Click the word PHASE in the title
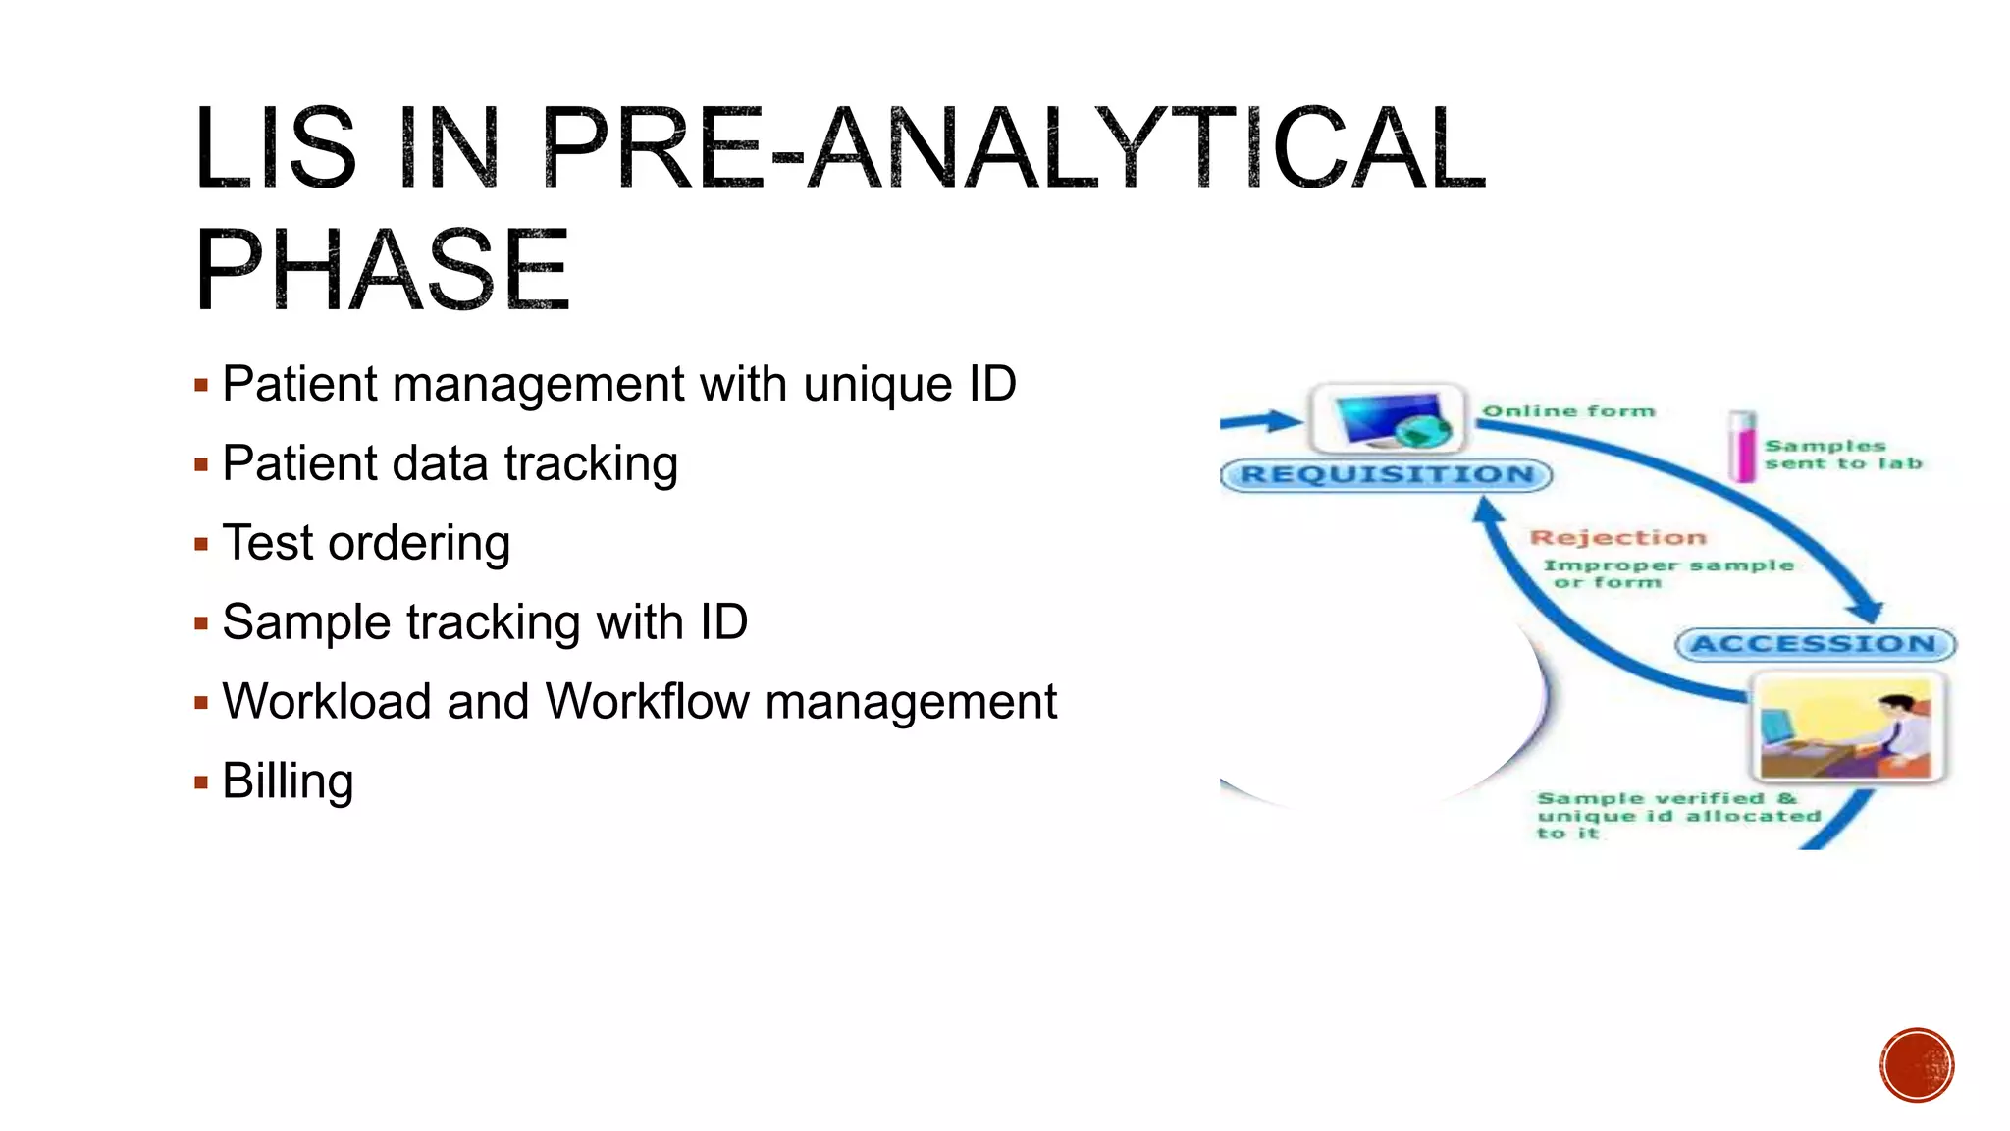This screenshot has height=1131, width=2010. pyautogui.click(x=383, y=269)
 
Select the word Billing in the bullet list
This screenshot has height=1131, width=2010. pyautogui.click(x=288, y=781)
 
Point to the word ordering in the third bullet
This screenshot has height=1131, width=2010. pyautogui.click(x=419, y=543)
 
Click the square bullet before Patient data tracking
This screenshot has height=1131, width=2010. pyautogui.click(x=201, y=464)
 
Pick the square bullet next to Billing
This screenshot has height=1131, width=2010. pyautogui.click(x=201, y=782)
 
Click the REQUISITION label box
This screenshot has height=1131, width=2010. pyautogui.click(x=1386, y=475)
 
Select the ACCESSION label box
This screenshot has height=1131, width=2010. pyautogui.click(x=1815, y=644)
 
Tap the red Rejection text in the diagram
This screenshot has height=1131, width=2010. pyautogui.click(x=1617, y=537)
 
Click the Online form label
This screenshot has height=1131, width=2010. pyautogui.click(x=1568, y=411)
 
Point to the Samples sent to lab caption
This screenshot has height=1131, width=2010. pyautogui.click(x=1841, y=455)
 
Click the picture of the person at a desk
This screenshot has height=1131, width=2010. pyautogui.click(x=1846, y=727)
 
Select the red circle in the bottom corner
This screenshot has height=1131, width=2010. pyautogui.click(x=1917, y=1065)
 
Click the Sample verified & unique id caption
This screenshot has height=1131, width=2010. pyautogui.click(x=1676, y=815)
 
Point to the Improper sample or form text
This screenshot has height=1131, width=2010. pyautogui.click(x=1666, y=573)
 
